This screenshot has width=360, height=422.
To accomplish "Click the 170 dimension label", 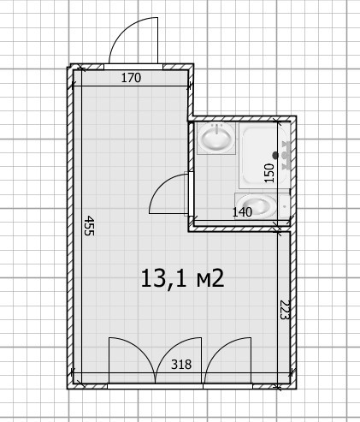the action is [131, 78].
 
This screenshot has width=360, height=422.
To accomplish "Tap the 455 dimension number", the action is [89, 225].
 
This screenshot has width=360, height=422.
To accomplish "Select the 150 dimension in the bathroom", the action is [269, 173].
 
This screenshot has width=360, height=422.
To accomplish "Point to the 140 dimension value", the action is [242, 212].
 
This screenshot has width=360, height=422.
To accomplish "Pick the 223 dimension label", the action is [285, 310].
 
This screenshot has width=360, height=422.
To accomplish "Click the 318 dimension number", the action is [181, 365].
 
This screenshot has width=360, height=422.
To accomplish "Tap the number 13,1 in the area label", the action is [164, 278].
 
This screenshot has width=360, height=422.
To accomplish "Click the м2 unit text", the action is [210, 279].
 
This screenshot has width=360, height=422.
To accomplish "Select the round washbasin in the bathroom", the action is [216, 138].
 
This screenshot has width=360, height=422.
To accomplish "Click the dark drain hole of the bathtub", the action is [275, 155].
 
